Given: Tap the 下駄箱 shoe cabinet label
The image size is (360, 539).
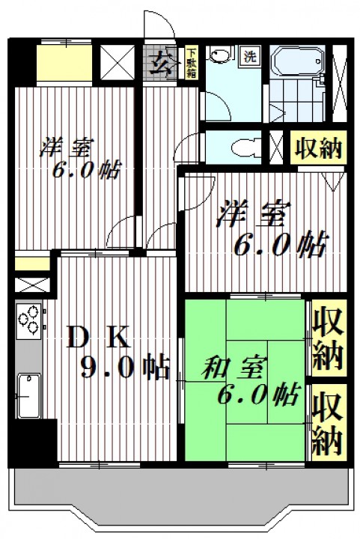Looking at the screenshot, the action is pyautogui.click(x=192, y=63).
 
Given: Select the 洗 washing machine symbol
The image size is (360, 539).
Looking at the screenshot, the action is pyautogui.click(x=250, y=56).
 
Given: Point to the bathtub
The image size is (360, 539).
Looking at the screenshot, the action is pyautogui.click(x=297, y=61).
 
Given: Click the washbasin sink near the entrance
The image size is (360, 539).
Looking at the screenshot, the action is pyautogui.click(x=219, y=55).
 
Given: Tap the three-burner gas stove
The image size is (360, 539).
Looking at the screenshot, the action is pyautogui.click(x=29, y=320).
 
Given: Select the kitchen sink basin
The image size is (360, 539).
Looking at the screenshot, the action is pyautogui.click(x=29, y=396).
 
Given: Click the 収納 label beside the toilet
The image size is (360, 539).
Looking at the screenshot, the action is pyautogui.click(x=318, y=148).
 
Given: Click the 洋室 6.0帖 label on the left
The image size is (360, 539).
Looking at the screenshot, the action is pyautogui.click(x=79, y=159).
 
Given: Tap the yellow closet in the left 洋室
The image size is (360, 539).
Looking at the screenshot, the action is pyautogui.click(x=64, y=63).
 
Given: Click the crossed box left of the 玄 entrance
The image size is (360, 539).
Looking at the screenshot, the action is pyautogui.click(x=118, y=63).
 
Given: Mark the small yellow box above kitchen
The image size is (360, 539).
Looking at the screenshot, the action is pyautogui.click(x=32, y=264).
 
